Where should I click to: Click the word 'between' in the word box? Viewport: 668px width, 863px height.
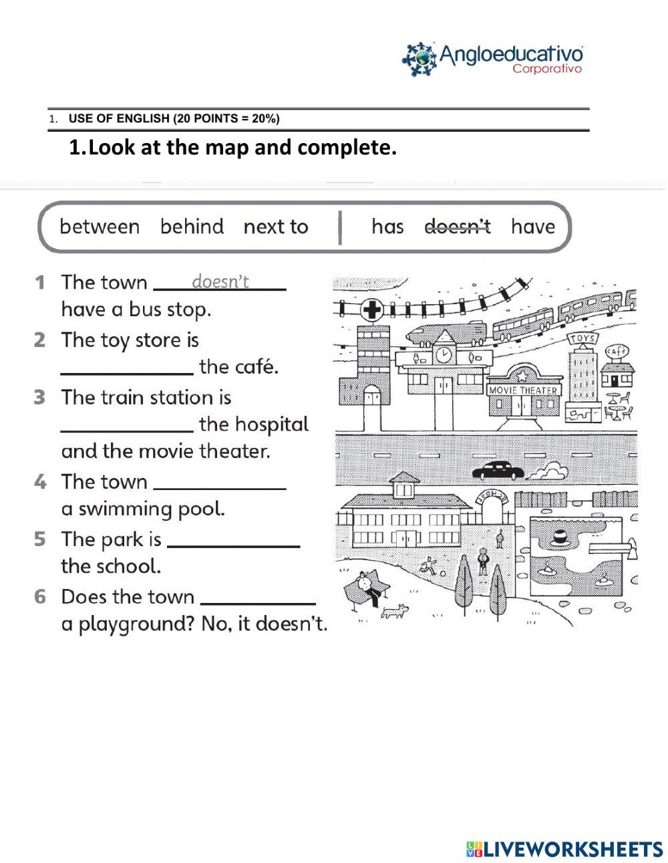(100, 227)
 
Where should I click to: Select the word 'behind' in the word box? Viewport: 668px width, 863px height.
(192, 227)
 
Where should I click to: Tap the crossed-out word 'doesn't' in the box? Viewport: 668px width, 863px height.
(458, 227)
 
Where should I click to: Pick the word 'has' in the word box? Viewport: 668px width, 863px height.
(387, 227)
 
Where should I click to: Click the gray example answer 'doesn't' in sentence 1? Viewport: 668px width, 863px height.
(220, 281)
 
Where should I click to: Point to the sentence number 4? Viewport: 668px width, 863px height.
(41, 482)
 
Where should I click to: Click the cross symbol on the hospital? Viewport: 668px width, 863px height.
(371, 310)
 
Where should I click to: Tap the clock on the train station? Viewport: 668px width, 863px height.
(442, 354)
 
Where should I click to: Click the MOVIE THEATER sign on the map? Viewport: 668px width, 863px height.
(523, 390)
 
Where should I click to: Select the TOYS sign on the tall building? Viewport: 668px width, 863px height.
(581, 339)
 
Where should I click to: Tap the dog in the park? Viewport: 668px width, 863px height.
(394, 610)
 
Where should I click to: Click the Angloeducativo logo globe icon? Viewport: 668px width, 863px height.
(419, 59)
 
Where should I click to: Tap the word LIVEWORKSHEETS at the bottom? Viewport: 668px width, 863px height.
(572, 849)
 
